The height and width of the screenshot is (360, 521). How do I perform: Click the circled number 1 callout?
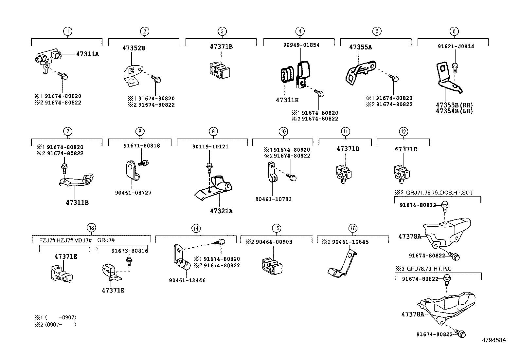pyautogui.click(x=67, y=31)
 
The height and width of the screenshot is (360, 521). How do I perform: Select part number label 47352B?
pyautogui.click(x=134, y=48)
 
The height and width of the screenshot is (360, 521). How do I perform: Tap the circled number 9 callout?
pyautogui.click(x=213, y=131)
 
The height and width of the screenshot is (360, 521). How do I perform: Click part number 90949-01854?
pyautogui.click(x=301, y=45)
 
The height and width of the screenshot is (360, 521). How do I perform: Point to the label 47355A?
pyautogui.click(x=360, y=47)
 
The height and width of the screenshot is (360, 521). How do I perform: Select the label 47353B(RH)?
pyautogui.click(x=454, y=105)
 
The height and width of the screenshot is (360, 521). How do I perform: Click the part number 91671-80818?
pyautogui.click(x=142, y=145)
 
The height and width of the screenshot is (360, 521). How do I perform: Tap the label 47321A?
pyautogui.click(x=221, y=211)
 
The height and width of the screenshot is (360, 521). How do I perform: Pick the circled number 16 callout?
pyautogui.click(x=353, y=228)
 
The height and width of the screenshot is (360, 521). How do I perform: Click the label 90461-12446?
pyautogui.click(x=187, y=280)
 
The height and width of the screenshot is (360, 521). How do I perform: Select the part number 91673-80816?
pyautogui.click(x=130, y=251)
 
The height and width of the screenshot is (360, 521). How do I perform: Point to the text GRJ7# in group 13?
pyautogui.click(x=106, y=240)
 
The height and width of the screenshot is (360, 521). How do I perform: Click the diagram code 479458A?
pyautogui.click(x=494, y=340)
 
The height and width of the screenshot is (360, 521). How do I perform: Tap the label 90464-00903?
pyautogui.click(x=274, y=242)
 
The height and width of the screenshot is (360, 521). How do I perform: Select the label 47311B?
pyautogui.click(x=77, y=203)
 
